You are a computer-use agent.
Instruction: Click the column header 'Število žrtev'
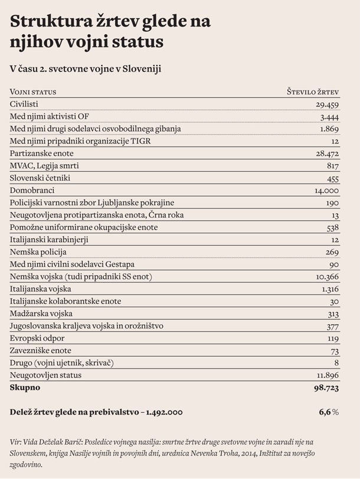[312, 92]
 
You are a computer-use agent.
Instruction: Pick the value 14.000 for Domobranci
[326, 191]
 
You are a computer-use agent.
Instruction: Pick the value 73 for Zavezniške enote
[335, 350]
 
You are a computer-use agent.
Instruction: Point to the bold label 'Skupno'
[25, 387]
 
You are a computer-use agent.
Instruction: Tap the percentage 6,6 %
[328, 412]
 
